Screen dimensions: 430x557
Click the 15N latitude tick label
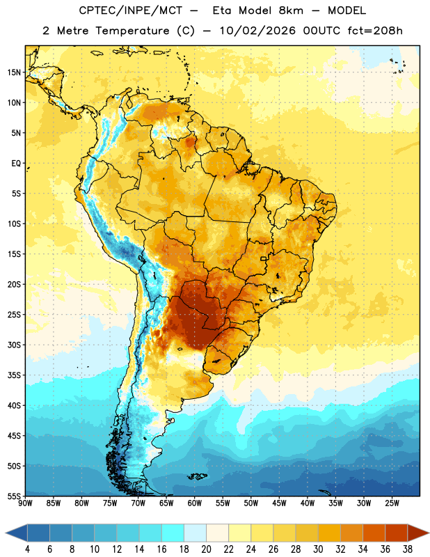[14, 72]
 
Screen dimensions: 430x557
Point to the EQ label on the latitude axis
[16, 164]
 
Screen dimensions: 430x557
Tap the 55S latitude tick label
[14, 496]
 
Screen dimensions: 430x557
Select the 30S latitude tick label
[14, 345]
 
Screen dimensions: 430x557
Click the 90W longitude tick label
[25, 503]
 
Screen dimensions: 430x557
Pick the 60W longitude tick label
[195, 503]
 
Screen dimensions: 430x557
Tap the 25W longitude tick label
[392, 503]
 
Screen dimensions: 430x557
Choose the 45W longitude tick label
[279, 503]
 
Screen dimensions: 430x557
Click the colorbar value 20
[206, 549]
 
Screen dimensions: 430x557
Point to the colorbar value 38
[408, 549]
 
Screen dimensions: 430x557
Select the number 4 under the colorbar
[27, 549]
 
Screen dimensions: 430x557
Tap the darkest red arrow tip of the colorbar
[418, 533]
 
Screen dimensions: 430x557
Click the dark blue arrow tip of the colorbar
[16, 533]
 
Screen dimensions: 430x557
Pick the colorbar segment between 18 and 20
[196, 533]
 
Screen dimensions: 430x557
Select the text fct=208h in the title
[375, 31]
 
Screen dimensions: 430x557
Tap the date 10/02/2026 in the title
[257, 31]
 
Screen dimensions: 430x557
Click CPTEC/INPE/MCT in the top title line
[130, 10]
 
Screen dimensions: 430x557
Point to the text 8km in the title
[291, 10]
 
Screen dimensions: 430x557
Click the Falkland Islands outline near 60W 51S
[198, 476]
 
